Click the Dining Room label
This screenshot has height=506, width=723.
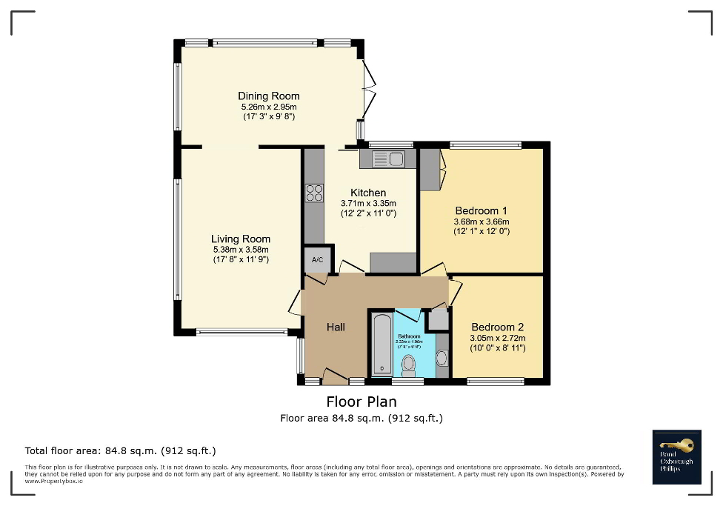268,96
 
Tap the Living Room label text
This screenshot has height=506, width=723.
241,239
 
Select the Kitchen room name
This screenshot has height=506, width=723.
368,193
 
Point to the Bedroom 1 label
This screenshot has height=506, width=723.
481,210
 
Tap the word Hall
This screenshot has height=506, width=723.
336,327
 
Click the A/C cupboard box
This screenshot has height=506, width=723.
317,260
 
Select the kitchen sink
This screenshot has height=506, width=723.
387,159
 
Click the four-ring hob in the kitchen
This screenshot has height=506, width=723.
314,193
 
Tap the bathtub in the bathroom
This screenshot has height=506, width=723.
381,345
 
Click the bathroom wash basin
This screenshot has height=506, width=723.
442,359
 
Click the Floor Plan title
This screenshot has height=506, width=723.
361,402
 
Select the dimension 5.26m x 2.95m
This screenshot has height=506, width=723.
268,106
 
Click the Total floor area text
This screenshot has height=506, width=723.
121,450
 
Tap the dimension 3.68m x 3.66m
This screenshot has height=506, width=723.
481,221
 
